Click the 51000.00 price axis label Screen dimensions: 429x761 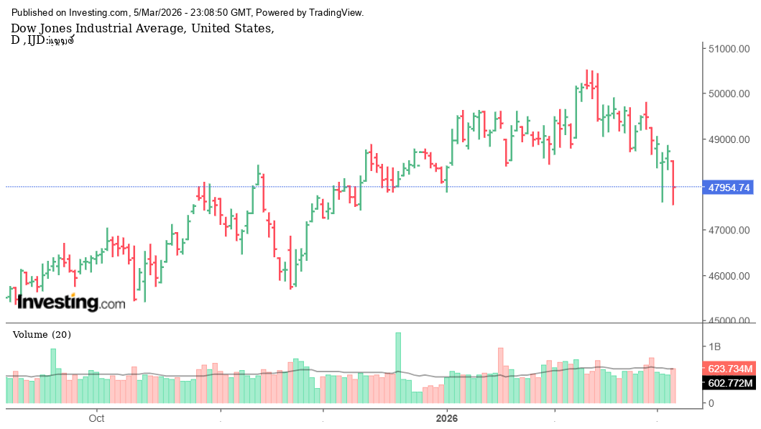click(729, 49)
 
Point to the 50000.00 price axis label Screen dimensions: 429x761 click(729, 94)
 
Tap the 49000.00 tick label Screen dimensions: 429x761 click(729, 139)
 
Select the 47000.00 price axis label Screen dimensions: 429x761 click(729, 231)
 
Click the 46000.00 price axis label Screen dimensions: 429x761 click(729, 276)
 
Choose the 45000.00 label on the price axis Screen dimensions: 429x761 click(729, 321)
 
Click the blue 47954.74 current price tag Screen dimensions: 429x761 click(729, 188)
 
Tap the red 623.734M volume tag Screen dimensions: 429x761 click(729, 369)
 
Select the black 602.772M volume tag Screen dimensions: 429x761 click(729, 383)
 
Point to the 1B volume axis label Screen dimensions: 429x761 click(714, 346)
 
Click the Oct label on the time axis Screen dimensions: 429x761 click(97, 418)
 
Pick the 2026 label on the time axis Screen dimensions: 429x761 click(447, 418)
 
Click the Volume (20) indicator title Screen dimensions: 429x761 click(42, 335)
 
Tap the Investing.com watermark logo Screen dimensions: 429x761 click(71, 303)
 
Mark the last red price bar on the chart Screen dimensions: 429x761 click(673, 183)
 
